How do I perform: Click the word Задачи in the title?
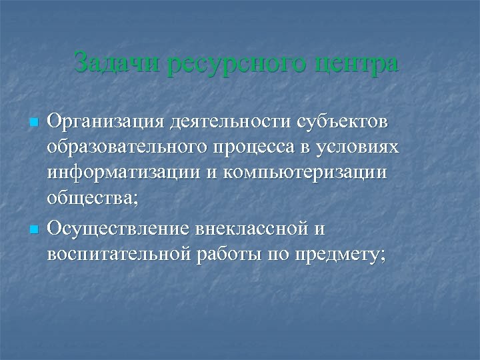pos(117,64)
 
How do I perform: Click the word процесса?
pos(260,149)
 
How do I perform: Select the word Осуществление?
pos(120,229)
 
